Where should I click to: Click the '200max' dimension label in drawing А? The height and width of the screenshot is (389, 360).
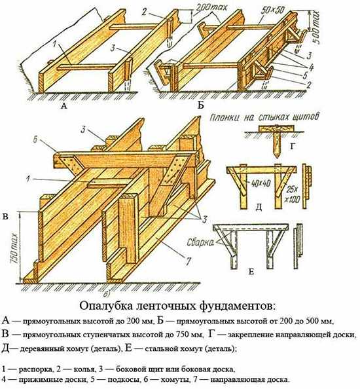point(211,9)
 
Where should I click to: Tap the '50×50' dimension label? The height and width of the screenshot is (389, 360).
point(274,10)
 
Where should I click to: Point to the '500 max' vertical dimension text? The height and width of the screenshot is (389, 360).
point(315,27)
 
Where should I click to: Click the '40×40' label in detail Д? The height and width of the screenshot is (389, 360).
point(261,183)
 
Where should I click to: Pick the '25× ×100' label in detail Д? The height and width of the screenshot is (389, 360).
point(293,194)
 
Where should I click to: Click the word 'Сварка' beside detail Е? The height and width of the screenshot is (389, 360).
point(200,242)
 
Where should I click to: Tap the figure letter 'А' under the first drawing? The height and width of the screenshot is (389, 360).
point(64,106)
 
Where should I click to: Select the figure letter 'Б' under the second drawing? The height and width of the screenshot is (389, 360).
point(200,105)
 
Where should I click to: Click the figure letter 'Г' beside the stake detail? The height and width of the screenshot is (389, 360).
point(293,147)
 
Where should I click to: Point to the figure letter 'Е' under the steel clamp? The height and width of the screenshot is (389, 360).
point(251,272)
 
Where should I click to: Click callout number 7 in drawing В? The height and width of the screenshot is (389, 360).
point(189,261)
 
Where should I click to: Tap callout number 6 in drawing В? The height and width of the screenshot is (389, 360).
point(35,140)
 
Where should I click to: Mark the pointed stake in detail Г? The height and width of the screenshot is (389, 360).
point(276,145)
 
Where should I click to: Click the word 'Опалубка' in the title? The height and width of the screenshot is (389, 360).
point(105,306)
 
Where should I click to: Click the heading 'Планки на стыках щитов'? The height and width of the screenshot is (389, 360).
point(264,117)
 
